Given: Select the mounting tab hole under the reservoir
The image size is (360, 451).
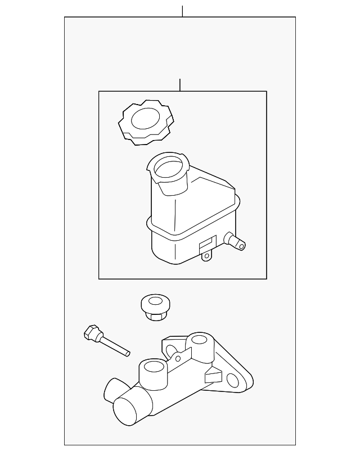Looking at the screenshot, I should [206, 258].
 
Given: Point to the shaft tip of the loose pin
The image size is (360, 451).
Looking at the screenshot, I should [126, 352].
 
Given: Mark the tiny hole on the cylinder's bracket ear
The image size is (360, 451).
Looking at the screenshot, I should [177, 358].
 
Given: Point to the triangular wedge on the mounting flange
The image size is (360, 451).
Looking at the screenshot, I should [214, 374].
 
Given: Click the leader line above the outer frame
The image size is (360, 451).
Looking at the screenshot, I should [182, 11].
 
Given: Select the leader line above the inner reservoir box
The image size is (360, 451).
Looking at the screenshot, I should [179, 85].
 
